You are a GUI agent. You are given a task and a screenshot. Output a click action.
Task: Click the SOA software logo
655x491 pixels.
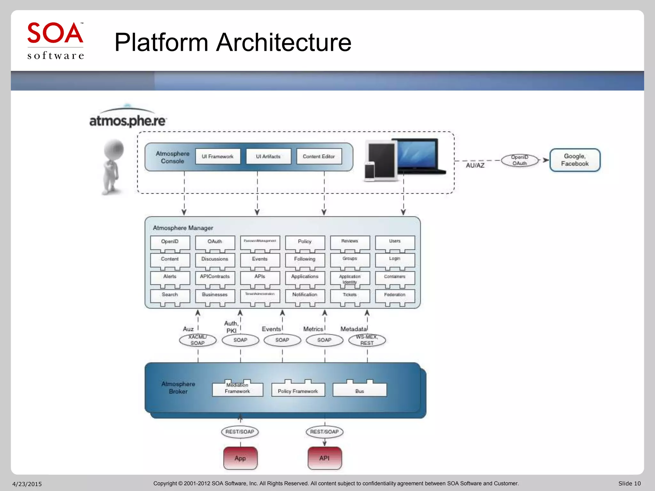(55, 41)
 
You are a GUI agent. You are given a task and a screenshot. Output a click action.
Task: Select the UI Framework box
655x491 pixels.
(217, 156)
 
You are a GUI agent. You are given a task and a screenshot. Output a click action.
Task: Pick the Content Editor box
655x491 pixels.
(319, 156)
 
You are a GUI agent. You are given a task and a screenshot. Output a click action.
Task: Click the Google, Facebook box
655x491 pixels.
(575, 160)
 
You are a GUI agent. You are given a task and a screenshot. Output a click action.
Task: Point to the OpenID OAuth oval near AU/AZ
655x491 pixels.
(519, 160)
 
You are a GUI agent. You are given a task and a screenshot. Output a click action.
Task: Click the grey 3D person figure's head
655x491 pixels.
(114, 149)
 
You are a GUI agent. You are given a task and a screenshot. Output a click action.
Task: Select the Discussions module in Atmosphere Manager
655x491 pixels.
(215, 259)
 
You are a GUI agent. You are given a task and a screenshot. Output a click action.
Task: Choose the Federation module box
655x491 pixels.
(395, 295)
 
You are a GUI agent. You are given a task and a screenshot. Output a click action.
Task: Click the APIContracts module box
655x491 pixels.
(215, 277)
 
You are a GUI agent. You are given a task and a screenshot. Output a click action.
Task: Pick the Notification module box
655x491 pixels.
(305, 295)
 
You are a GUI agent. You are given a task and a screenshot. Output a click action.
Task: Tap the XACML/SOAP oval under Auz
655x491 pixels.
(198, 340)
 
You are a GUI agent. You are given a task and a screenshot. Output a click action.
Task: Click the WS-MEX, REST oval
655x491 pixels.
(367, 340)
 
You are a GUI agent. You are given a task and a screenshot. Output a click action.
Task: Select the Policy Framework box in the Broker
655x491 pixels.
(298, 391)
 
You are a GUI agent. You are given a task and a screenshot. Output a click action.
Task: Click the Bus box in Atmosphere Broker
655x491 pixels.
(359, 391)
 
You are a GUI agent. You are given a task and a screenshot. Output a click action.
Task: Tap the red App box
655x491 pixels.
(240, 458)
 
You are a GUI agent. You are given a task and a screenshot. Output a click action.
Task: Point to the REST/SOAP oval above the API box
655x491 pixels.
(324, 432)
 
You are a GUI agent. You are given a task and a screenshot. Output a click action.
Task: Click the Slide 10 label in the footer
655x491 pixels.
(629, 484)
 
